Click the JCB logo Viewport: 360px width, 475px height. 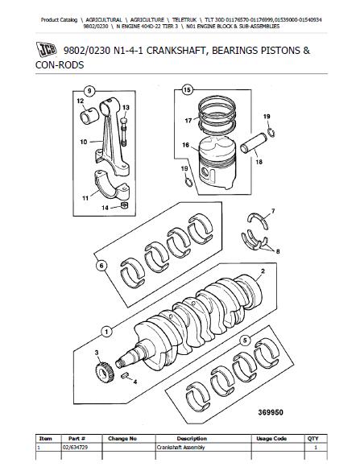pos(47,49)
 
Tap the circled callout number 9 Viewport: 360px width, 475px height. pos(89,91)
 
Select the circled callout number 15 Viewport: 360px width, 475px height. pos(188,90)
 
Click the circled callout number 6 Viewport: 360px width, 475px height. pos(101,266)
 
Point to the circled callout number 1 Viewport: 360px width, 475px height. pos(106,332)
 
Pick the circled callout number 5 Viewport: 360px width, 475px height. pos(245,341)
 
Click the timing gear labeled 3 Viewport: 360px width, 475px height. pos(104,373)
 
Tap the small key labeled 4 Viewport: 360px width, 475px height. pos(124,376)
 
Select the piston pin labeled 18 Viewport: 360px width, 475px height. pos(254,143)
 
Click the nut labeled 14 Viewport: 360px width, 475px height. pos(124,205)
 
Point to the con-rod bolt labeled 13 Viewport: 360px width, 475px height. pos(124,131)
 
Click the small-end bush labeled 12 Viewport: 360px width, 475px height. pos(89,116)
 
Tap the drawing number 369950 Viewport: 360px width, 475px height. pos(271,412)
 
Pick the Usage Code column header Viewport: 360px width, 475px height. pos(271,438)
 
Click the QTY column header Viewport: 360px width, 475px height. pos(313,438)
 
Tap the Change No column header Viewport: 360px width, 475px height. pos(122,438)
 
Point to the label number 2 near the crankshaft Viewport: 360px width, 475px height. pos(263,271)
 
